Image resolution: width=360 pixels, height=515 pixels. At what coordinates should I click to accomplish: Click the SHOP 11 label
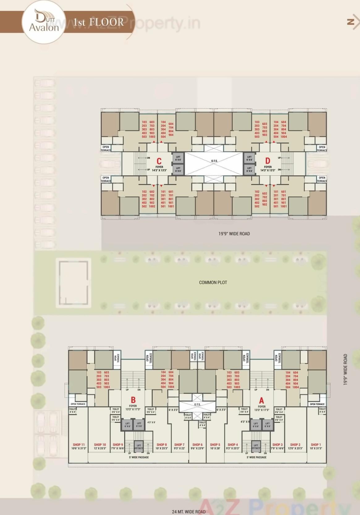[79, 444]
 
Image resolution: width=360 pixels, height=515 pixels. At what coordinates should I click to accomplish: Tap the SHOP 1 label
[316, 444]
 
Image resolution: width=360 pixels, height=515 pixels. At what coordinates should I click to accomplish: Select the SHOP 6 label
[197, 444]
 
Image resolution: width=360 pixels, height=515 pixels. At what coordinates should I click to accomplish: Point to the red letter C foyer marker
[159, 161]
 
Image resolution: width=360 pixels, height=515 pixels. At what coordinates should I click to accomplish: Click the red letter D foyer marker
[268, 161]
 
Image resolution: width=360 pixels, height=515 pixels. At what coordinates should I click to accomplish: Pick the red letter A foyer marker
[261, 401]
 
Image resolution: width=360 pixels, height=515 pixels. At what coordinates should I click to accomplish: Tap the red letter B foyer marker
[133, 400]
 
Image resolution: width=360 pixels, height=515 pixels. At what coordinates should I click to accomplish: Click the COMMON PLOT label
[213, 282]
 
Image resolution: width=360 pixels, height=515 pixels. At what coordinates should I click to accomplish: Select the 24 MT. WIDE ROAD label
[189, 512]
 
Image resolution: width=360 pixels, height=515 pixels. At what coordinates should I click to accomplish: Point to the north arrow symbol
[352, 22]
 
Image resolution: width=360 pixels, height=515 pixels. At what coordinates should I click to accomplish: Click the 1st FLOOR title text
[98, 22]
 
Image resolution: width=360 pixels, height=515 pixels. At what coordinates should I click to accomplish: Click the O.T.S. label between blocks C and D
[214, 161]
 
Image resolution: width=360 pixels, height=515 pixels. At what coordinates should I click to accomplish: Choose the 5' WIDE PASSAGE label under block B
[139, 457]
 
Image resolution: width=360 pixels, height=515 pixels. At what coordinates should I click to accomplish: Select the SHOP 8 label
[162, 444]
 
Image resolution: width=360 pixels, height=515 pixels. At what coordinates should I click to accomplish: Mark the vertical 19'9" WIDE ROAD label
[345, 369]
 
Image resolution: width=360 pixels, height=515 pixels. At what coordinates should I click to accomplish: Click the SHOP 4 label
[233, 444]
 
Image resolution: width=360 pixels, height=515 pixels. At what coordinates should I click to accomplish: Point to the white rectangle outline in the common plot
[74, 283]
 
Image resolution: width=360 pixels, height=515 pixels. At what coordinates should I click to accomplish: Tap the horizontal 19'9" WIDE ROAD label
[234, 234]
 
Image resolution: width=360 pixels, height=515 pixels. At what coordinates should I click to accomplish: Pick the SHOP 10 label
[100, 444]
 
